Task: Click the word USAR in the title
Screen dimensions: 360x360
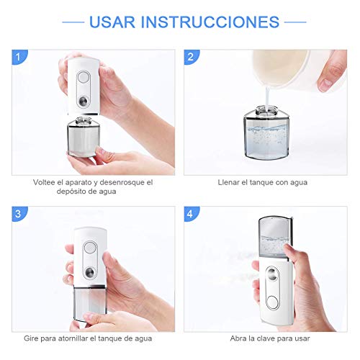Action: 112,22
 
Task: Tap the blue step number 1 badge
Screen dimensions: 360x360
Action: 19,57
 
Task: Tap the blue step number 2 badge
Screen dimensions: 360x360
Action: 192,57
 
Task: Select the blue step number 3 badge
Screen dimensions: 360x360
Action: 19,214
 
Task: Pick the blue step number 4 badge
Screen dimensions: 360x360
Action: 192,214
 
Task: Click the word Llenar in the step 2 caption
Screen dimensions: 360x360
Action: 229,182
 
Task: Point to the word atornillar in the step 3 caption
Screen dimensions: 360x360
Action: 73,338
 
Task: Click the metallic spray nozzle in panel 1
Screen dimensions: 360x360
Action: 84,100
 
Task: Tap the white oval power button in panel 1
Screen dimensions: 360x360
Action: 84,77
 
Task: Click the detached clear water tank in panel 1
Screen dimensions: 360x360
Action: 84,136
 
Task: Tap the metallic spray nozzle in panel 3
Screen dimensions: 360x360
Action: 90,272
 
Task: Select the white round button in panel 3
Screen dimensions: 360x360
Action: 90,248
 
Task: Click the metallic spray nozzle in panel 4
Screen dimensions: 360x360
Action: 272,273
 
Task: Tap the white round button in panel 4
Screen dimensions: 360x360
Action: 272,302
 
